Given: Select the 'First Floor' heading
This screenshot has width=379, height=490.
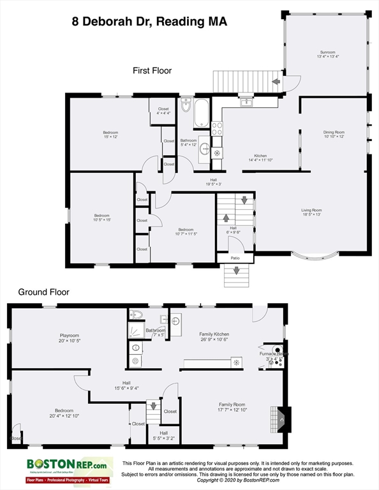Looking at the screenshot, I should coord(152,70).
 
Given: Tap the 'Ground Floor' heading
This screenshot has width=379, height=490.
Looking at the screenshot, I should coord(43,292).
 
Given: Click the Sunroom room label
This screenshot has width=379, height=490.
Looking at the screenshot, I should coord(327,54).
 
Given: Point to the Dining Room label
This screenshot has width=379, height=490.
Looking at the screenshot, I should coord(333,135).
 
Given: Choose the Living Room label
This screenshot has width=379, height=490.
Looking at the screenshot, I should coord(311,212).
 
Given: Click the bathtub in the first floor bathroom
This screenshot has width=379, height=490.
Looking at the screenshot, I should coord(201,112).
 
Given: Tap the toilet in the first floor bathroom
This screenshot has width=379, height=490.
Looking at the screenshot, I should coord(186,105).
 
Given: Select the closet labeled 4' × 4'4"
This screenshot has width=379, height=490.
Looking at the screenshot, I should coord(163,111).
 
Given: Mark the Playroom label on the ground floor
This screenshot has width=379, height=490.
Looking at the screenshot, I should coord(70,337).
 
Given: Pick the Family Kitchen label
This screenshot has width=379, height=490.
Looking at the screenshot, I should coord(214,336).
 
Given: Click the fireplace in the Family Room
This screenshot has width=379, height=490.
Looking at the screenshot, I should coord(281,419).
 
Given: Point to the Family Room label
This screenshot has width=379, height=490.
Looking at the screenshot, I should coord(232,406).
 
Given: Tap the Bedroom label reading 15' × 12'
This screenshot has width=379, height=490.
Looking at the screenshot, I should coord(110,135).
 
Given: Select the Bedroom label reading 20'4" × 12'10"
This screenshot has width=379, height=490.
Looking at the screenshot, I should coord(64,412).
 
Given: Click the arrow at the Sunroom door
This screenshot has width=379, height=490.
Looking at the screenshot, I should coord(276,82).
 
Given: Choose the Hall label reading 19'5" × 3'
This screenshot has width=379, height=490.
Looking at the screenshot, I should coord(213,182).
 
